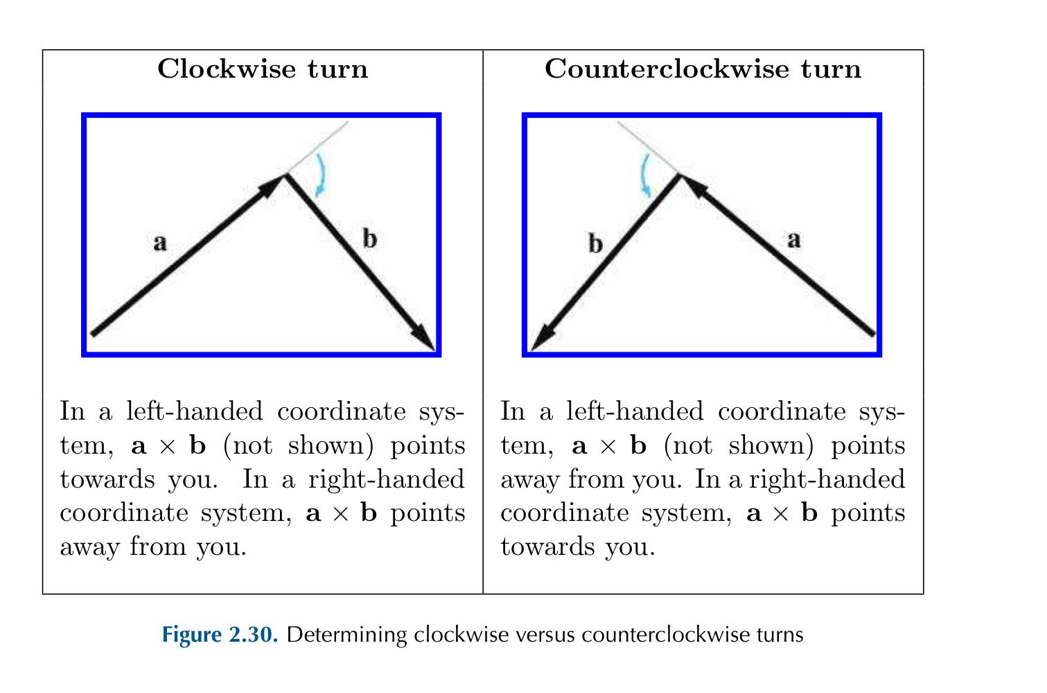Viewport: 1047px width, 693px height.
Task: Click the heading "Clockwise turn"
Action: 263,69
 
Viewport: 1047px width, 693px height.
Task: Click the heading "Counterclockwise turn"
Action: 703,69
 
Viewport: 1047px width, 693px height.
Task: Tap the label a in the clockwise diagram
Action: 160,243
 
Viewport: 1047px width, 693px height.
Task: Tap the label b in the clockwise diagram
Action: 370,239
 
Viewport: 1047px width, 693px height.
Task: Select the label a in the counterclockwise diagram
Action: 794,240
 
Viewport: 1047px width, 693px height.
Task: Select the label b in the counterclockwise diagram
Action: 595,244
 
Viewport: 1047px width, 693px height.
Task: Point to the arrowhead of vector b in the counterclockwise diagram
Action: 542,340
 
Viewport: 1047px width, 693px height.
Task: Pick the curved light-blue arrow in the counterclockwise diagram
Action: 644,173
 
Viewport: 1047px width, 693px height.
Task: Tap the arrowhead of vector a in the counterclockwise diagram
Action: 692,183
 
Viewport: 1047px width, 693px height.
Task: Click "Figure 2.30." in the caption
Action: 220,635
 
